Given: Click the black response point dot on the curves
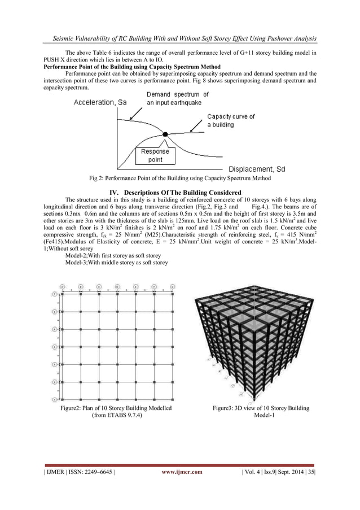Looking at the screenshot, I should click(165, 134).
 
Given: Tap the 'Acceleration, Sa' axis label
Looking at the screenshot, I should click(99, 102).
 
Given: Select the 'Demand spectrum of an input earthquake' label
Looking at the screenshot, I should click(178, 99).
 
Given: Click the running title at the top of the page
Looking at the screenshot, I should click(180, 38).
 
